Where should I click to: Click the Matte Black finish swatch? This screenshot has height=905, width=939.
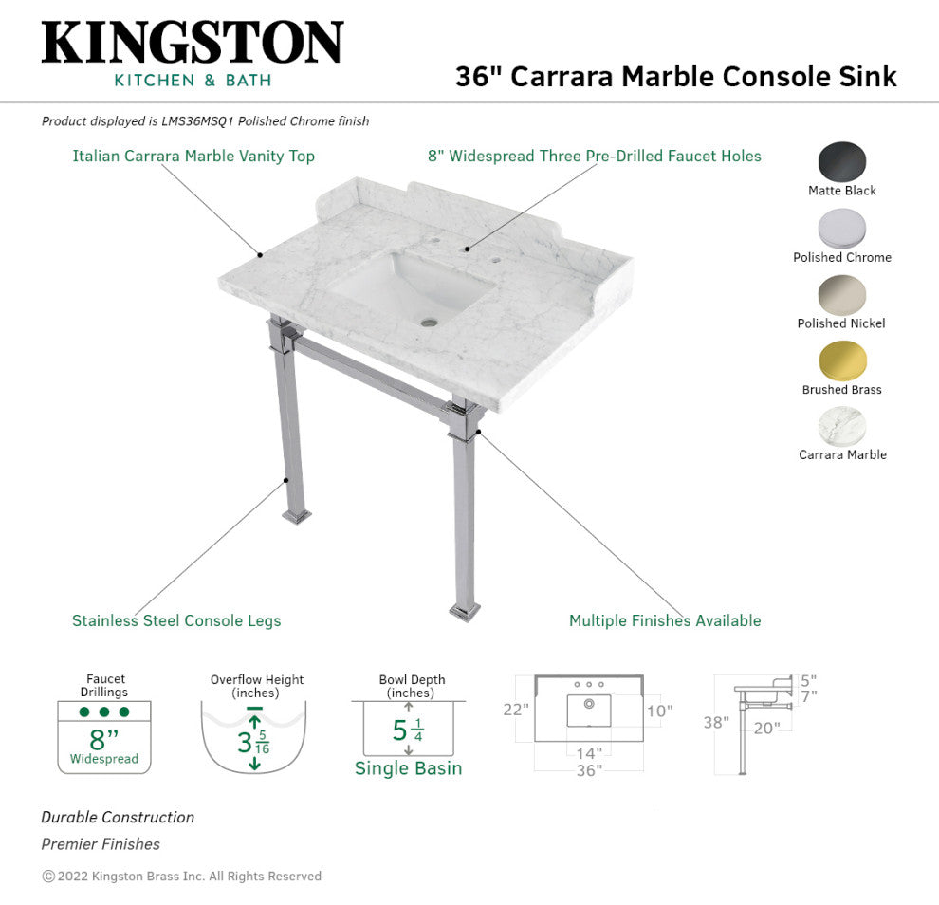pos(842,161)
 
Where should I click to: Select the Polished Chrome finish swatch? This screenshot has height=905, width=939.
pos(842,229)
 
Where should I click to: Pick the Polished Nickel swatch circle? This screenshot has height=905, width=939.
pos(842,295)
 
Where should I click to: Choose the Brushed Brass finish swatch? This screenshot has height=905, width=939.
pos(842,361)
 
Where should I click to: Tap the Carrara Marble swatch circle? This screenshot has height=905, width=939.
pos(842,427)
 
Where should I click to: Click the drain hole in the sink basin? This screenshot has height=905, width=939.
pos(428,323)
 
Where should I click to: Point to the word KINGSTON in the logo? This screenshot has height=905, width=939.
pos(193,42)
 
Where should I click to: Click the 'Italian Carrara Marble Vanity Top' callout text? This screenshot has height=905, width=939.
pos(193,157)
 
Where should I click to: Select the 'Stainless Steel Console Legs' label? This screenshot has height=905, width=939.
pos(176,620)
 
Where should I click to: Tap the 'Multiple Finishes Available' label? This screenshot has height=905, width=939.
pos(665,620)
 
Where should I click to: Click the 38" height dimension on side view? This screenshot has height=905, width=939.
pos(716,722)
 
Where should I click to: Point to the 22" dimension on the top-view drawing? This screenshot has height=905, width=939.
pos(516,710)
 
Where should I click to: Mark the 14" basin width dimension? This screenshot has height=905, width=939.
pos(589,753)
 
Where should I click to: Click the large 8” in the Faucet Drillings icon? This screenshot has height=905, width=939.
pos(104,739)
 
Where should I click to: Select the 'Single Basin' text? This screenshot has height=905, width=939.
pos(409,767)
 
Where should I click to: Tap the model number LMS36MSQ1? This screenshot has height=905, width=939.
pos(197,121)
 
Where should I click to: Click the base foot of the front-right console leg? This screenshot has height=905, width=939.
pos(465,612)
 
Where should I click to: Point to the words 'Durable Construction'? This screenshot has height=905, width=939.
pos(118,818)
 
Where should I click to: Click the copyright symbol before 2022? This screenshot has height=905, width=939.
pos(48,877)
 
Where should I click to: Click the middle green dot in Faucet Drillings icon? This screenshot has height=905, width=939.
pos(104,711)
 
